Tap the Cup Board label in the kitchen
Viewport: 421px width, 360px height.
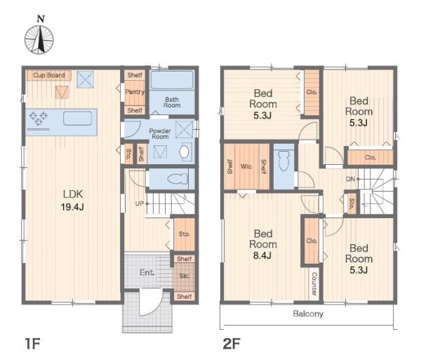[49, 75]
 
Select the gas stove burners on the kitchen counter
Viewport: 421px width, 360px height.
[39, 118]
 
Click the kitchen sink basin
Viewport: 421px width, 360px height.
[78, 119]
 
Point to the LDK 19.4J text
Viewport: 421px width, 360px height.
[72, 200]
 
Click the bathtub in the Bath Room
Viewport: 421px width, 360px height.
[172, 80]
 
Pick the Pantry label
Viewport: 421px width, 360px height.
[135, 92]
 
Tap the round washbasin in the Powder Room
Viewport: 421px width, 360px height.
[184, 152]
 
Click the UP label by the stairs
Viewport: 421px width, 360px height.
[140, 204]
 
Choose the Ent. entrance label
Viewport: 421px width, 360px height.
[147, 273]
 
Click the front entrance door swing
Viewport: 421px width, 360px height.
[151, 302]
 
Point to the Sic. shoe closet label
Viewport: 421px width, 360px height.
[185, 276]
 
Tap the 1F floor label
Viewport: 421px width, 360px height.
[32, 344]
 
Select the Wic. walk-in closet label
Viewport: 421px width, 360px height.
[246, 166]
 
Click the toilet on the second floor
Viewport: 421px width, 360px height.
[283, 161]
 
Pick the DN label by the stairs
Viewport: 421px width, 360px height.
[350, 179]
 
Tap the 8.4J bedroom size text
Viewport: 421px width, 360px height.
[262, 255]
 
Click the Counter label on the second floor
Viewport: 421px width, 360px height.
[314, 284]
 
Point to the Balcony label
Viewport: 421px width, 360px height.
[308, 314]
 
